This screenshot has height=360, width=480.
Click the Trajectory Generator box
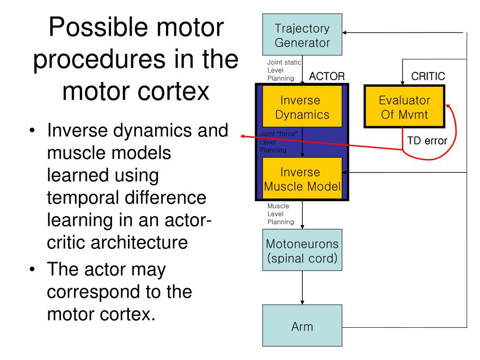pos(302,34)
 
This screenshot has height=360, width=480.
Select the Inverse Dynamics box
pos(302,106)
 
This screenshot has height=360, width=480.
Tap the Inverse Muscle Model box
pos(302,178)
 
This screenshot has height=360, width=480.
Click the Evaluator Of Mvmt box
pos(404,106)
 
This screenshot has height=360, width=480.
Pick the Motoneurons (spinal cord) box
pos(302,250)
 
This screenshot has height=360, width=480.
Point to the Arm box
pos(302,325)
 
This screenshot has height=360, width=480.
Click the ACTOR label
pos(327,76)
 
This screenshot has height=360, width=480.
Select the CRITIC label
pos(428,76)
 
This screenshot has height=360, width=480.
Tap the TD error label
pos(427,141)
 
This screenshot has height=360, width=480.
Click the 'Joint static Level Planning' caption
pos(284,70)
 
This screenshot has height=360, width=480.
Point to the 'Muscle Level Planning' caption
pos(281,214)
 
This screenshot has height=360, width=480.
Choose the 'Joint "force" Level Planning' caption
pos(278,142)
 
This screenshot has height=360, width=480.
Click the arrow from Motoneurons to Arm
pos(302,288)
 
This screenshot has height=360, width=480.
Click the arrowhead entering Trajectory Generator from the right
pos(345,32)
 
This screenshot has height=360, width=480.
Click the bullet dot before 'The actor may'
pos(32,270)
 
